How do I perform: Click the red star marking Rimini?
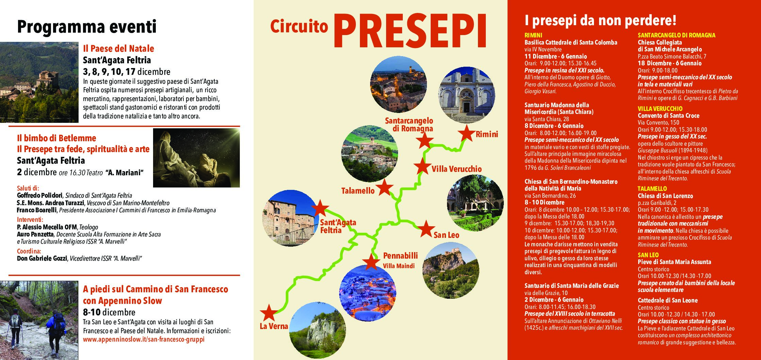click(x=466, y=133)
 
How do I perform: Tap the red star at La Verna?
click(x=269, y=313)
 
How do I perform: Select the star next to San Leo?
click(x=426, y=229)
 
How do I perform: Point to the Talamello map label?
click(x=358, y=191)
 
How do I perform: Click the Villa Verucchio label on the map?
click(x=457, y=169)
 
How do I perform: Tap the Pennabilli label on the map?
click(x=400, y=256)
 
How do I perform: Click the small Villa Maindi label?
click(x=399, y=266)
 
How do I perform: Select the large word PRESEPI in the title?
click(x=410, y=31)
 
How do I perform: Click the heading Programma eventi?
click(x=87, y=27)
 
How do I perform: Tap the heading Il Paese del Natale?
click(x=118, y=49)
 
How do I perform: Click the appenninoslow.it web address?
click(x=144, y=340)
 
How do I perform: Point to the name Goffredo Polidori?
click(x=40, y=196)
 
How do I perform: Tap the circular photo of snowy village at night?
click(x=368, y=294)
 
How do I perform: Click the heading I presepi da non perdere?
click(x=600, y=21)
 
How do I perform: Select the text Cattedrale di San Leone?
click(x=667, y=300)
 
